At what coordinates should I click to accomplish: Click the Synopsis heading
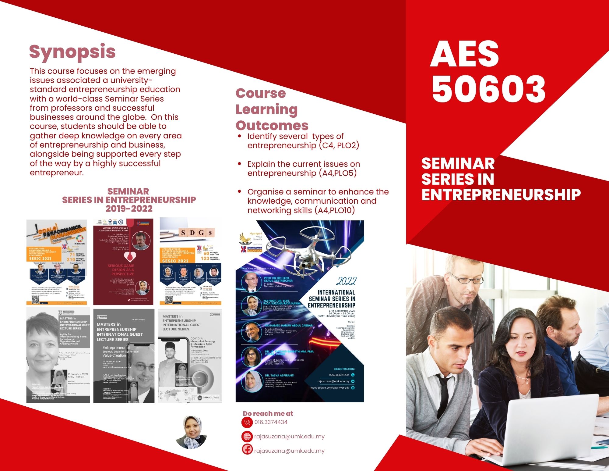[72, 52]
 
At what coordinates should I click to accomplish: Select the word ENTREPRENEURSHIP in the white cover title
[501, 195]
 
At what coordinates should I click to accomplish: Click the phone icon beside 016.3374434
[247, 423]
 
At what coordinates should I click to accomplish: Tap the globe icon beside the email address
[247, 437]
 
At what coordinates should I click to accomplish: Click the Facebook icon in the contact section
[247, 449]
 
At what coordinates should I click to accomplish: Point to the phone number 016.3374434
[271, 422]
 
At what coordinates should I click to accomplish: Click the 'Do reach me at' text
[268, 414]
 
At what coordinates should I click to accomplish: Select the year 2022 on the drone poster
[346, 281]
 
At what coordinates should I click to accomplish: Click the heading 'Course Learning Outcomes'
[272, 109]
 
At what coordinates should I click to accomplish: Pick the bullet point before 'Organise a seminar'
[240, 191]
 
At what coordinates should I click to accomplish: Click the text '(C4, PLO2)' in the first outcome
[339, 145]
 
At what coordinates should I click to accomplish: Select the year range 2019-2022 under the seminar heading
[129, 209]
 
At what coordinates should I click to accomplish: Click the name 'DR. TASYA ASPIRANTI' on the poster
[279, 376]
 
